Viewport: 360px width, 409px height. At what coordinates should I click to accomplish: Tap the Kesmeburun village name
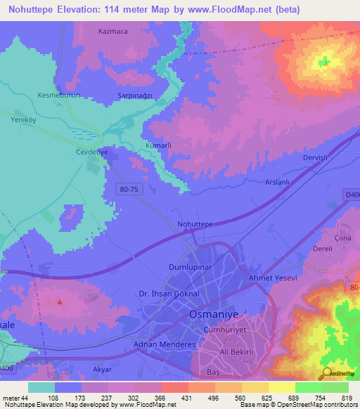59,94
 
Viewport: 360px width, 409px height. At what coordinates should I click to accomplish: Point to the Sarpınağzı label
133,94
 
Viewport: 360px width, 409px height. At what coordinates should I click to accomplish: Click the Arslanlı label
277,183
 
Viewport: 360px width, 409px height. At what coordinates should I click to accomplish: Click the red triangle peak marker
60,302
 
